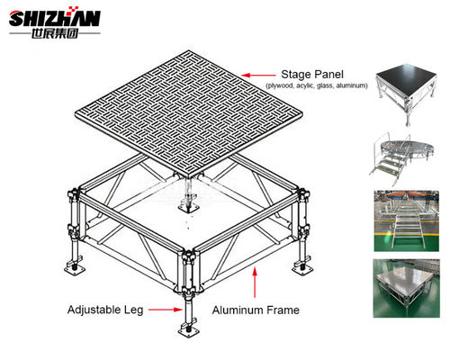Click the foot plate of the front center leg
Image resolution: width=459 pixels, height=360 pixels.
point(192,340)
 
